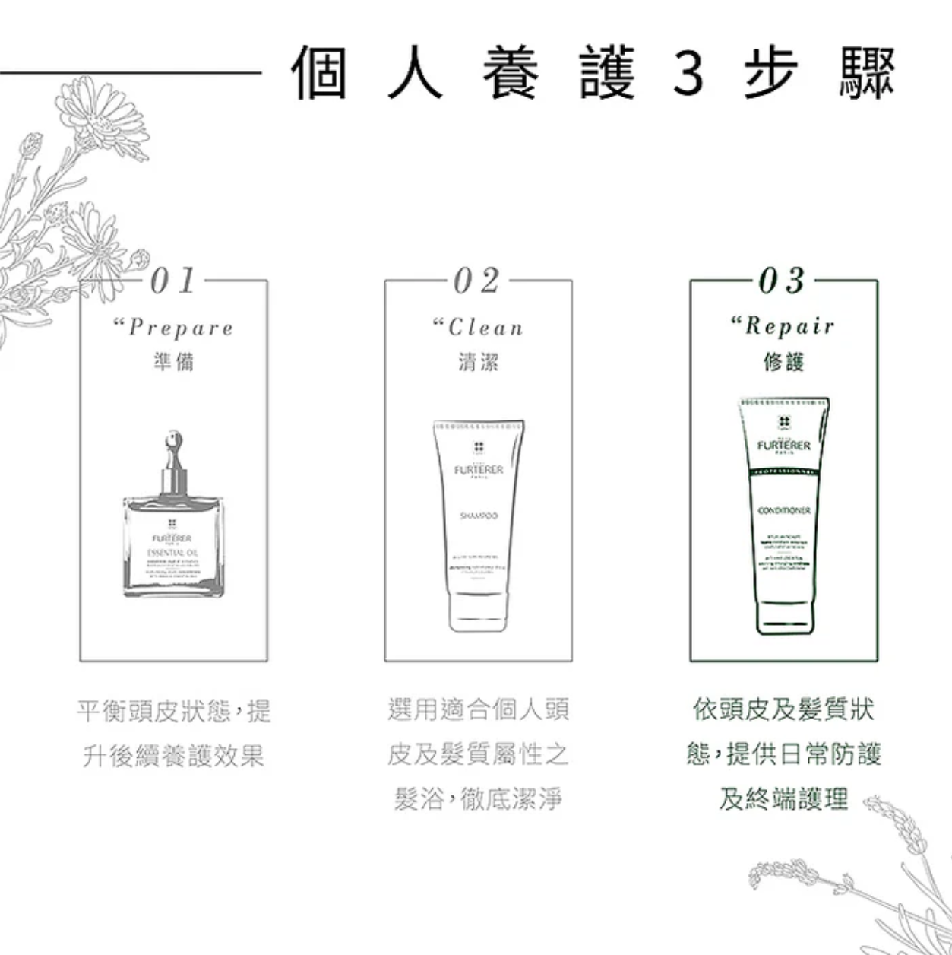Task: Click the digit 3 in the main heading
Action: click(x=688, y=74)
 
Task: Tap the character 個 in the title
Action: click(x=321, y=74)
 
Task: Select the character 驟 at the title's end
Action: click(x=867, y=74)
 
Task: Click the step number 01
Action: click(x=173, y=281)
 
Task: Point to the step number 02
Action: click(x=478, y=281)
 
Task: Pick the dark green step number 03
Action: click(x=783, y=281)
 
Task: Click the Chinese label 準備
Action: click(x=174, y=362)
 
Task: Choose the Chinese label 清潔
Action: click(x=479, y=362)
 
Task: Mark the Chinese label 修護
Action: click(x=783, y=362)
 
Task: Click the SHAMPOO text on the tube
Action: click(x=479, y=516)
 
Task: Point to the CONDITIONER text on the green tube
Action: click(x=784, y=510)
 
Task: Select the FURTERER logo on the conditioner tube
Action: click(x=784, y=446)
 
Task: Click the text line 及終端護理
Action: click(x=783, y=799)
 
